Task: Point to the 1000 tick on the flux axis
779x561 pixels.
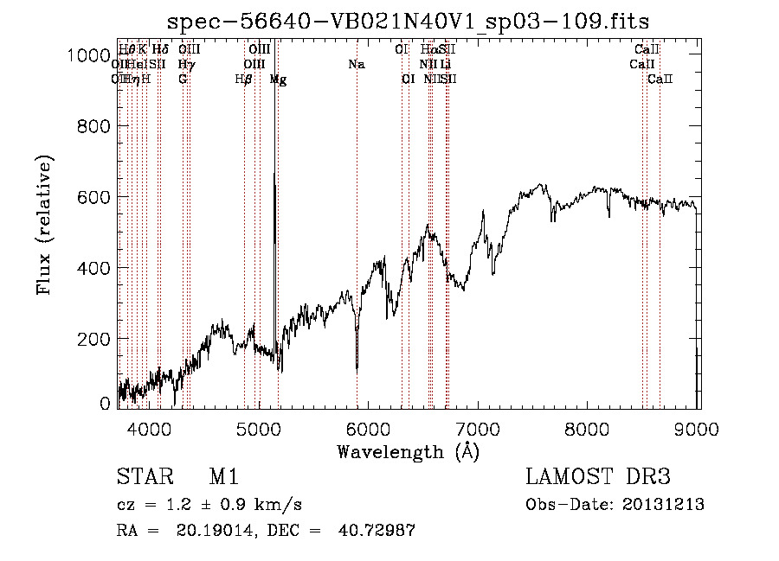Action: (x=86, y=55)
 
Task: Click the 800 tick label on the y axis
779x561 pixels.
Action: (x=91, y=126)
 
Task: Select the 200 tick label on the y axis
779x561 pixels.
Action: (x=91, y=339)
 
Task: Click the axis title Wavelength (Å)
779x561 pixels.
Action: (x=408, y=451)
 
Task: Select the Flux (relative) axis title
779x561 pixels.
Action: (x=44, y=225)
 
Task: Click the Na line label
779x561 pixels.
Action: (x=357, y=64)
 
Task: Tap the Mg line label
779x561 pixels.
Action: (x=278, y=80)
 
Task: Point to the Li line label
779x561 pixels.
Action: (x=445, y=64)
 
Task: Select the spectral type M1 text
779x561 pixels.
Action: (x=223, y=478)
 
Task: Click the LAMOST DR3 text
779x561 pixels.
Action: (x=597, y=478)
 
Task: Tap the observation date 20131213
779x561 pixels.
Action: (x=664, y=505)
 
